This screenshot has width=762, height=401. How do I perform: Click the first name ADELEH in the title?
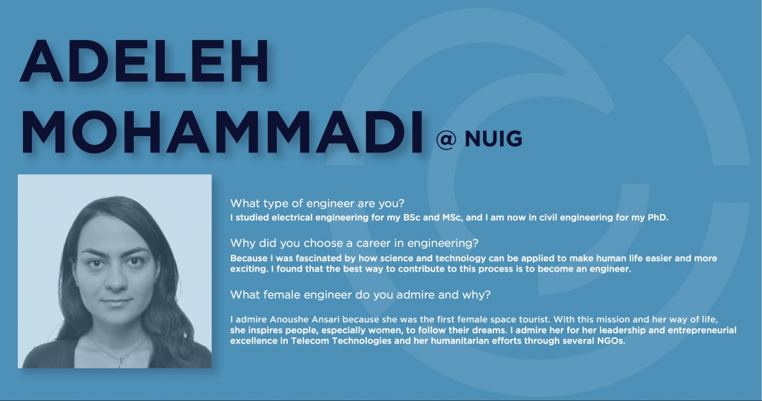pyautogui.click(x=144, y=61)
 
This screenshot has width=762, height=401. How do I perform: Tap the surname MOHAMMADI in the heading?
pyautogui.click(x=222, y=132)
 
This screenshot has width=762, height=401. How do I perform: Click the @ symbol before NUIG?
pyautogui.click(x=446, y=140)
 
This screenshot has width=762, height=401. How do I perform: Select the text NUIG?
pyautogui.click(x=493, y=139)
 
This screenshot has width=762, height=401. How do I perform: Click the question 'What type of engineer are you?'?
pyautogui.click(x=317, y=203)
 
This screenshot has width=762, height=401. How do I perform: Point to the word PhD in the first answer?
pyautogui.click(x=658, y=218)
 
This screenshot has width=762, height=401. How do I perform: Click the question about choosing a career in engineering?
pyautogui.click(x=354, y=243)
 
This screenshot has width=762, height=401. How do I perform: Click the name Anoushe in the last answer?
pyautogui.click(x=288, y=320)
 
